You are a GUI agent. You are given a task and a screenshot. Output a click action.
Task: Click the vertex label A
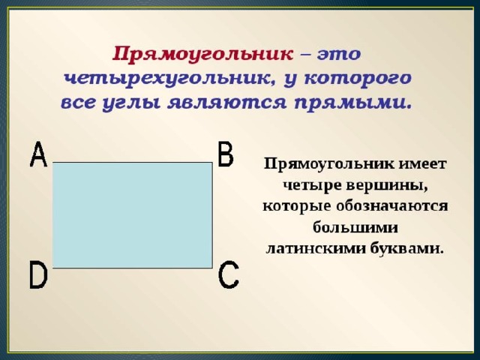coord(38,154)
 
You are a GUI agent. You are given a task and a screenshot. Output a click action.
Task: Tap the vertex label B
coord(226,154)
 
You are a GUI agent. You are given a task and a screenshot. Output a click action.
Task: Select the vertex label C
coord(229,274)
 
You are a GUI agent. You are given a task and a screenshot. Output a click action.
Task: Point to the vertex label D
coord(38,274)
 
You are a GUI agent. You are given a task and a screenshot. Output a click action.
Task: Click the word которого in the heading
coord(358,79)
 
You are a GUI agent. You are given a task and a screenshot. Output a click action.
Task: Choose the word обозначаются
coord(391,205)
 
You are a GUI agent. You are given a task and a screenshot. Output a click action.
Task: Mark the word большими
coord(355,226)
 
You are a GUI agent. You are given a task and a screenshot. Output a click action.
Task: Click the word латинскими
coord(316,248)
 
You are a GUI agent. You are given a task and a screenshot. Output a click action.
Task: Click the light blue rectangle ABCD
coord(133,215)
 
